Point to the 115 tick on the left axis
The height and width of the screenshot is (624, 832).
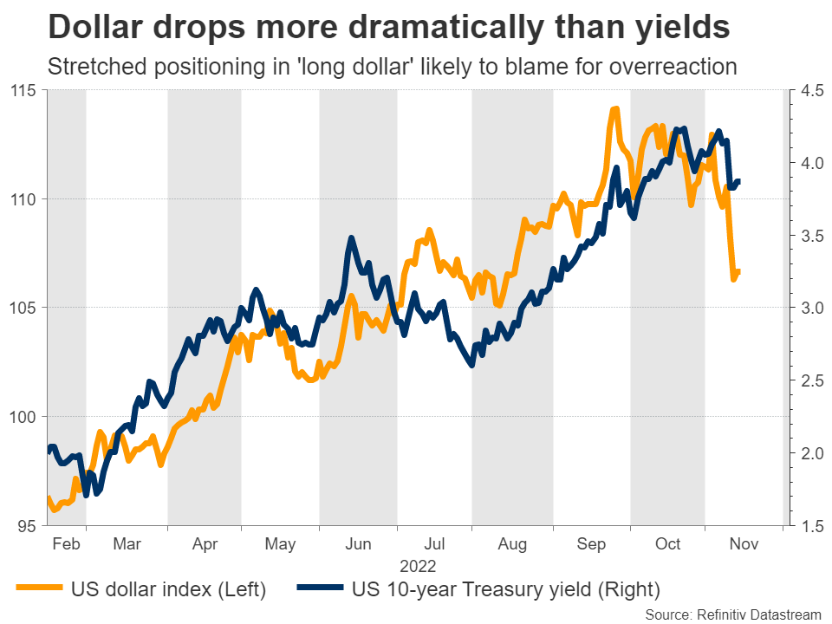(23, 91)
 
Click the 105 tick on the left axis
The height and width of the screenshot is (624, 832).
(23, 308)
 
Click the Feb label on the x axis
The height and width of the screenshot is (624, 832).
(66, 545)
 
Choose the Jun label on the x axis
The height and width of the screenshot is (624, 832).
(358, 545)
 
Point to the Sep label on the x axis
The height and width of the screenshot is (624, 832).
(591, 545)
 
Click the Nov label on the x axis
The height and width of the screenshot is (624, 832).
(744, 545)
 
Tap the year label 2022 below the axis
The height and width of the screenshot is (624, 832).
(418, 566)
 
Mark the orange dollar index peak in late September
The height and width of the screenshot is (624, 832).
(615, 108)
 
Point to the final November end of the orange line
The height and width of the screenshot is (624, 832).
(738, 271)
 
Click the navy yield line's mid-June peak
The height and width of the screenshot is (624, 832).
(351, 237)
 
